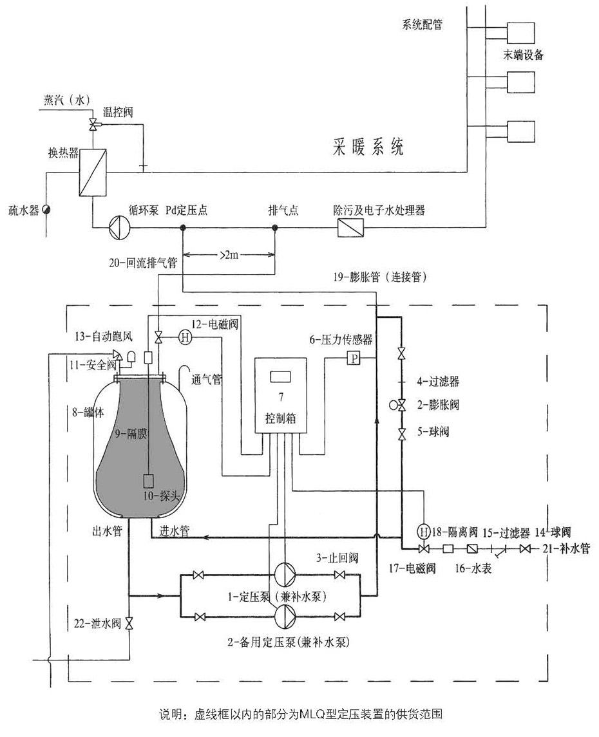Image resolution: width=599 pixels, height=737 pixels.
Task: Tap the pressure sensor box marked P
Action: [x=353, y=359]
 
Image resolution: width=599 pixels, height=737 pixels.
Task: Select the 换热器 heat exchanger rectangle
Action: [x=91, y=171]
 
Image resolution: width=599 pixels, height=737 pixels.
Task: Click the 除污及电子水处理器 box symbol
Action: [x=350, y=227]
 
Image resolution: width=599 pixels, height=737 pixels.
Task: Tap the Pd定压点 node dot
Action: [x=183, y=227]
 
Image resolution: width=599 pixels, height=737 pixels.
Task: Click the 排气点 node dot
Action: [x=274, y=227]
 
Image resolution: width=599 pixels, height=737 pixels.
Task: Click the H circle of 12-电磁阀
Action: [x=182, y=336]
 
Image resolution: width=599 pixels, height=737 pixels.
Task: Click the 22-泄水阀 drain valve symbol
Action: [x=129, y=623]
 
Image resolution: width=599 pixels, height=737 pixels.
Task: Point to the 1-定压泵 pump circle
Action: [x=284, y=575]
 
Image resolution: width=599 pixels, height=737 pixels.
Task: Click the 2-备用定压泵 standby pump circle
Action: [x=284, y=616]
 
